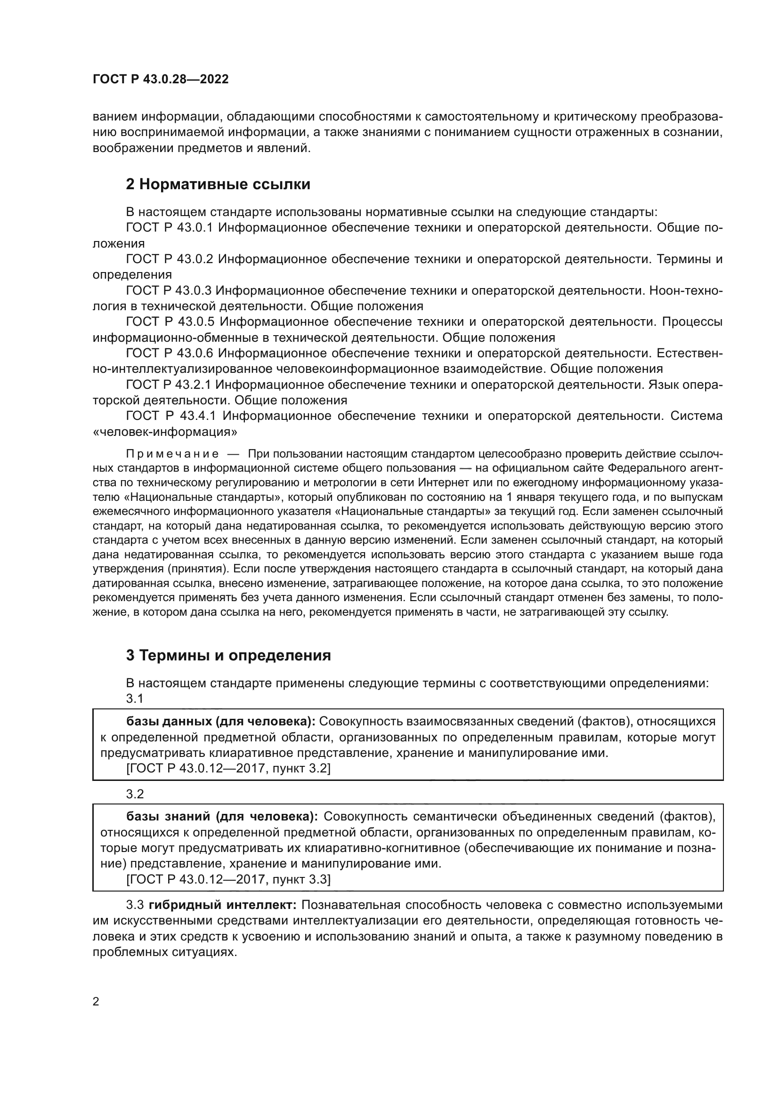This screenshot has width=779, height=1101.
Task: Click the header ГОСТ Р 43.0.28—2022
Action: [161, 79]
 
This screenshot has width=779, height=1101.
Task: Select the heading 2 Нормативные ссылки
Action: [218, 184]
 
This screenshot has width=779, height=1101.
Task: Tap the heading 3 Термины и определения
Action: [228, 655]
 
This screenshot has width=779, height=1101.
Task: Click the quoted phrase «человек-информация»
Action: [164, 432]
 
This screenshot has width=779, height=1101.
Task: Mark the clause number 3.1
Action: [135, 699]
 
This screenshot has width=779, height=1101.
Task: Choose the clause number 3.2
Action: [135, 794]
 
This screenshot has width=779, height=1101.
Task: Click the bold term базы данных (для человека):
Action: [220, 721]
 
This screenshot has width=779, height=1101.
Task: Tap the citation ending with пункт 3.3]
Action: [228, 879]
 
